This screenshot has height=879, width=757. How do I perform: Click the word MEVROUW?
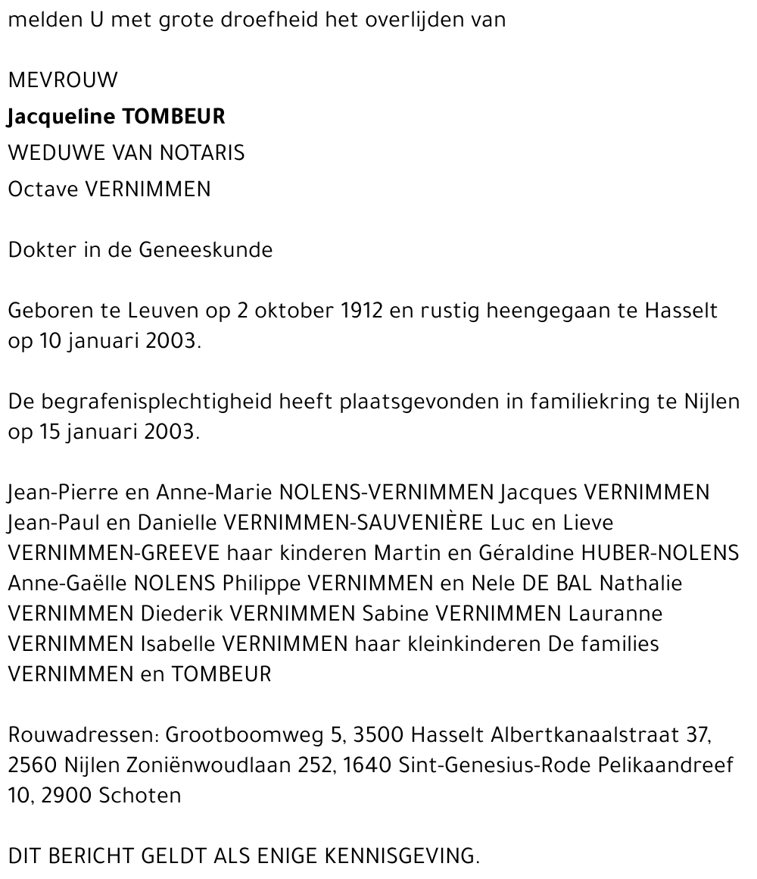point(63,80)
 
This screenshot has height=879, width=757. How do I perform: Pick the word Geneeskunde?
point(206,249)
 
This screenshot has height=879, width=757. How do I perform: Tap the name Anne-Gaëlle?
point(68,583)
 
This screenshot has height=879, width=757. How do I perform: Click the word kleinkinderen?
point(473,644)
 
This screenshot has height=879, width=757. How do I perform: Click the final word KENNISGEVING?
point(402,856)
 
